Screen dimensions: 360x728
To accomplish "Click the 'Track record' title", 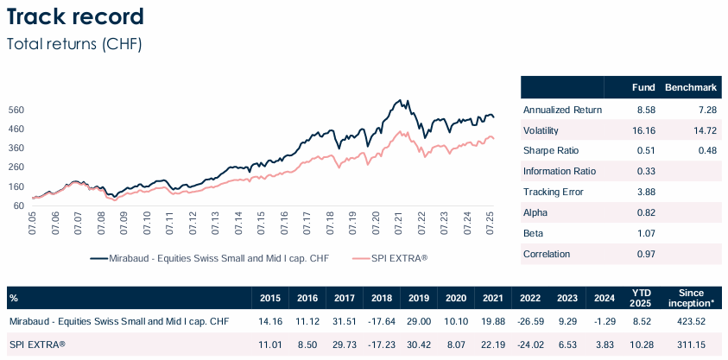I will pos(75,16).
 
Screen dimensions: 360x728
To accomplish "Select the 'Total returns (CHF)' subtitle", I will pos(73,43).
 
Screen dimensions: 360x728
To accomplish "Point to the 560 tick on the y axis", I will pos(16,110).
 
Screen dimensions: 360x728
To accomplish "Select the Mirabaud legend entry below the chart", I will pos(208,258).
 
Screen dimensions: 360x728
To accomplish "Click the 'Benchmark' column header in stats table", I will pos(690,88).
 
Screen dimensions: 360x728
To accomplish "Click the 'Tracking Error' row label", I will pos(554,191).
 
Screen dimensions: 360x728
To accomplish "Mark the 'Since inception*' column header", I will pos(693,298).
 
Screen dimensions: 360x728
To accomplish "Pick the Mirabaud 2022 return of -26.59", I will pos(528,321).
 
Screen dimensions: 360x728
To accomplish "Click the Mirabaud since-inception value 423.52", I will pos(692,321).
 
